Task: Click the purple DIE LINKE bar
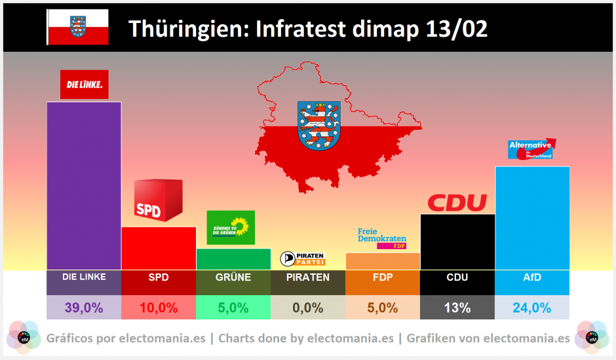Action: (x=84, y=186)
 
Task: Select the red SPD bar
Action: (x=159, y=249)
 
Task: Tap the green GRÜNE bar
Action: (x=233, y=260)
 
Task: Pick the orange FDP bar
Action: (x=383, y=262)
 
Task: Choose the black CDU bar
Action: (x=457, y=242)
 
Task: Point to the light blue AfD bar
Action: (x=532, y=218)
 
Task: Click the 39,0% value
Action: (x=84, y=308)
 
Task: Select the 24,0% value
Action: (x=532, y=308)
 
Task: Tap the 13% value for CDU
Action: (x=457, y=308)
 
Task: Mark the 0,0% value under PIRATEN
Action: (x=308, y=308)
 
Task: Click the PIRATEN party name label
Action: (x=308, y=277)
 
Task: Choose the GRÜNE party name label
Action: (x=233, y=277)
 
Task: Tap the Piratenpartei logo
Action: (x=303, y=258)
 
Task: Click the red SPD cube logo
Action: (x=159, y=200)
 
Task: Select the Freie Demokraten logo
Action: (x=382, y=238)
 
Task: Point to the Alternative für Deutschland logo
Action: (x=532, y=149)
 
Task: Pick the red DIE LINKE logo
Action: (x=84, y=85)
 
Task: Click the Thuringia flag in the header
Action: (x=78, y=27)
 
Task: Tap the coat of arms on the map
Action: (x=319, y=125)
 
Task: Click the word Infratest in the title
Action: (x=301, y=29)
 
